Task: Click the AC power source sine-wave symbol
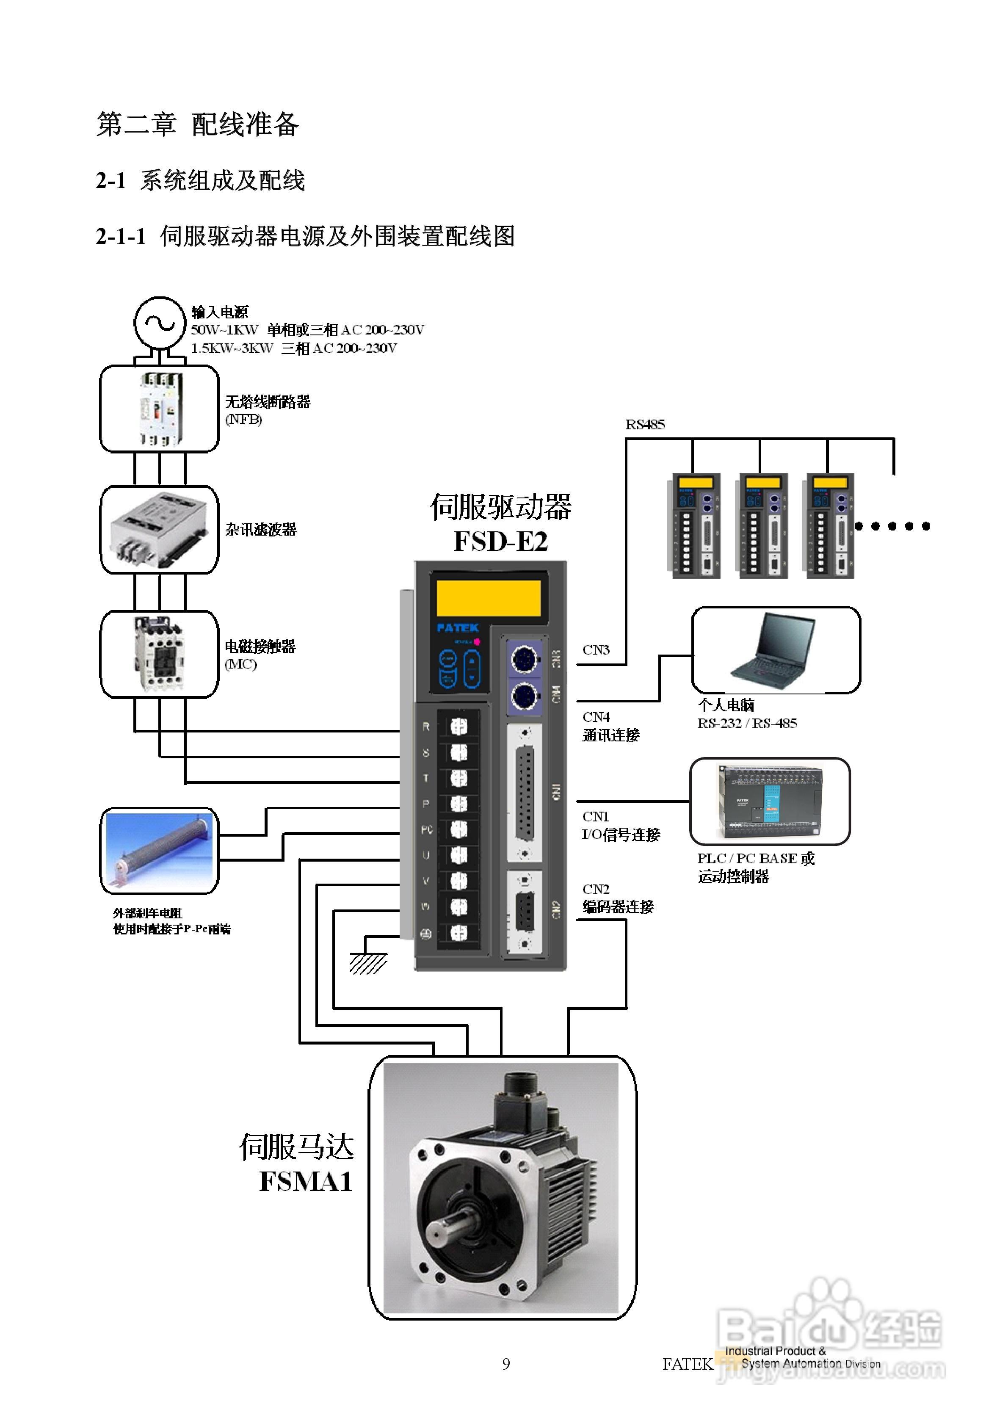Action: [x=160, y=323]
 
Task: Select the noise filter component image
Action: [x=160, y=529]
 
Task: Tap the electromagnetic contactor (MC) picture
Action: [x=159, y=654]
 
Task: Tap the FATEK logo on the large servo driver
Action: [x=457, y=628]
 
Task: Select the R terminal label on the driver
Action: [x=426, y=726]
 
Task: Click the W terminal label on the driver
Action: [x=426, y=906]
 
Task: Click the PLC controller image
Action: [x=770, y=801]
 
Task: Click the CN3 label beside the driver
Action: [x=596, y=649]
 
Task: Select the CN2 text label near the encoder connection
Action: [x=596, y=889]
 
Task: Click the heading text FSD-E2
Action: [x=500, y=541]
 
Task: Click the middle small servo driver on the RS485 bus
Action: [x=763, y=525]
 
